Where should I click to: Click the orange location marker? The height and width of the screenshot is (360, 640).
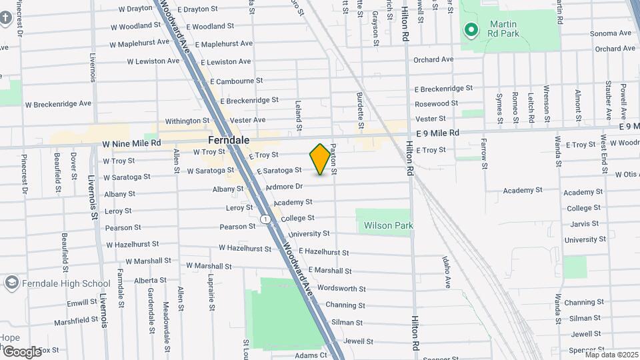321,159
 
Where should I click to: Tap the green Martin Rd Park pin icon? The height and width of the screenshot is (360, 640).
471,29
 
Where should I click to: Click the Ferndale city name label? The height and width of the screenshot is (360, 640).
228,141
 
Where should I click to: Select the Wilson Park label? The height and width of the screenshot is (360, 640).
389,225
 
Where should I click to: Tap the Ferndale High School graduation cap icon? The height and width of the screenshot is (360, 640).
11,283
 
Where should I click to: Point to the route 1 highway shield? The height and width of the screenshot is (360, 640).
265,219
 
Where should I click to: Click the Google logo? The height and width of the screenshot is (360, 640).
22,351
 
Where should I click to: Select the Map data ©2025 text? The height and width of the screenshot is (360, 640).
611,355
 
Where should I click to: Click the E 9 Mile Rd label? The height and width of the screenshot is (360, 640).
436,133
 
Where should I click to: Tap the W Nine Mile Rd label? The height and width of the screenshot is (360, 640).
132,143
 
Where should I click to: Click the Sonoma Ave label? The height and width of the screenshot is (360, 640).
610,33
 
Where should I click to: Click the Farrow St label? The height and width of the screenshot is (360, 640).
485,153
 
